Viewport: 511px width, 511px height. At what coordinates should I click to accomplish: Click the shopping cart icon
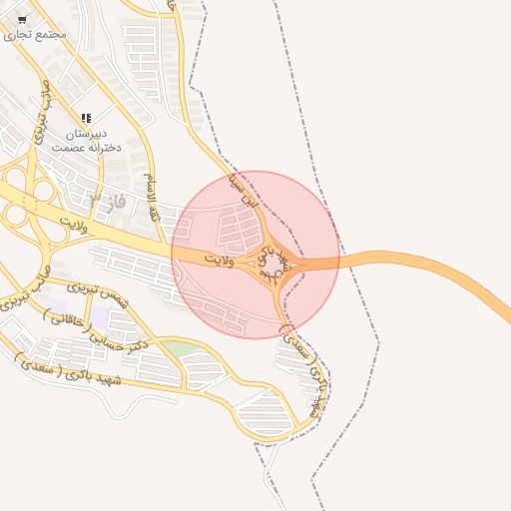(x=22, y=19)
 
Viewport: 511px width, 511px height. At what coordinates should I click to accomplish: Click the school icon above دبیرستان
(x=86, y=118)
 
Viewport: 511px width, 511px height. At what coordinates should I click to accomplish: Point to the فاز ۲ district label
(x=105, y=202)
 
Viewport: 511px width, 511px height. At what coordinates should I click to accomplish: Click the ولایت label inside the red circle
(x=219, y=258)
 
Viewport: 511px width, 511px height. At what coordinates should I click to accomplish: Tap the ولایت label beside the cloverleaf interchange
(x=73, y=218)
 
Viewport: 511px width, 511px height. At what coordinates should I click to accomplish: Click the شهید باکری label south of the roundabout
(x=304, y=369)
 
